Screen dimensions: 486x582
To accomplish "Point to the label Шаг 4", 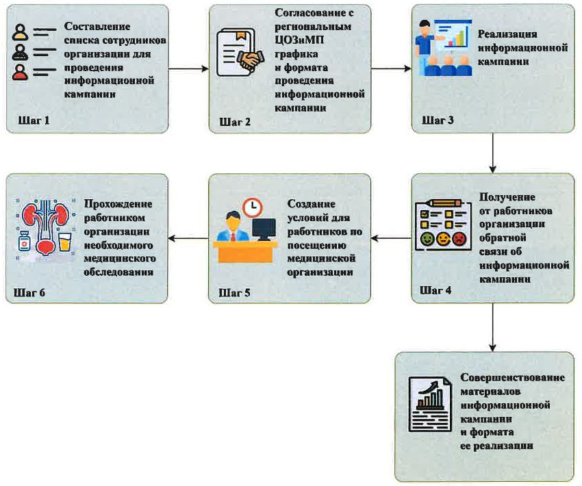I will point(435,289).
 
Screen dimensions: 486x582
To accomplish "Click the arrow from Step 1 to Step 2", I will point(188,68).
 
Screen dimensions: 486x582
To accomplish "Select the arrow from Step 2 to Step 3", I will point(391,68).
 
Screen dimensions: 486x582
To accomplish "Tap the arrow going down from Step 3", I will point(492,153).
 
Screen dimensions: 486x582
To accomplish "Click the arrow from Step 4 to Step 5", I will point(391,238).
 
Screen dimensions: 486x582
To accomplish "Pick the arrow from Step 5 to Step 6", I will point(188,238).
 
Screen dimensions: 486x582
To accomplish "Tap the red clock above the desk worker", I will point(253,206).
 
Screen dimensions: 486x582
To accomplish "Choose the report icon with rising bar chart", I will point(429,405).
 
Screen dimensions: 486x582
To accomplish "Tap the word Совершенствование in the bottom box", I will point(512,378).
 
